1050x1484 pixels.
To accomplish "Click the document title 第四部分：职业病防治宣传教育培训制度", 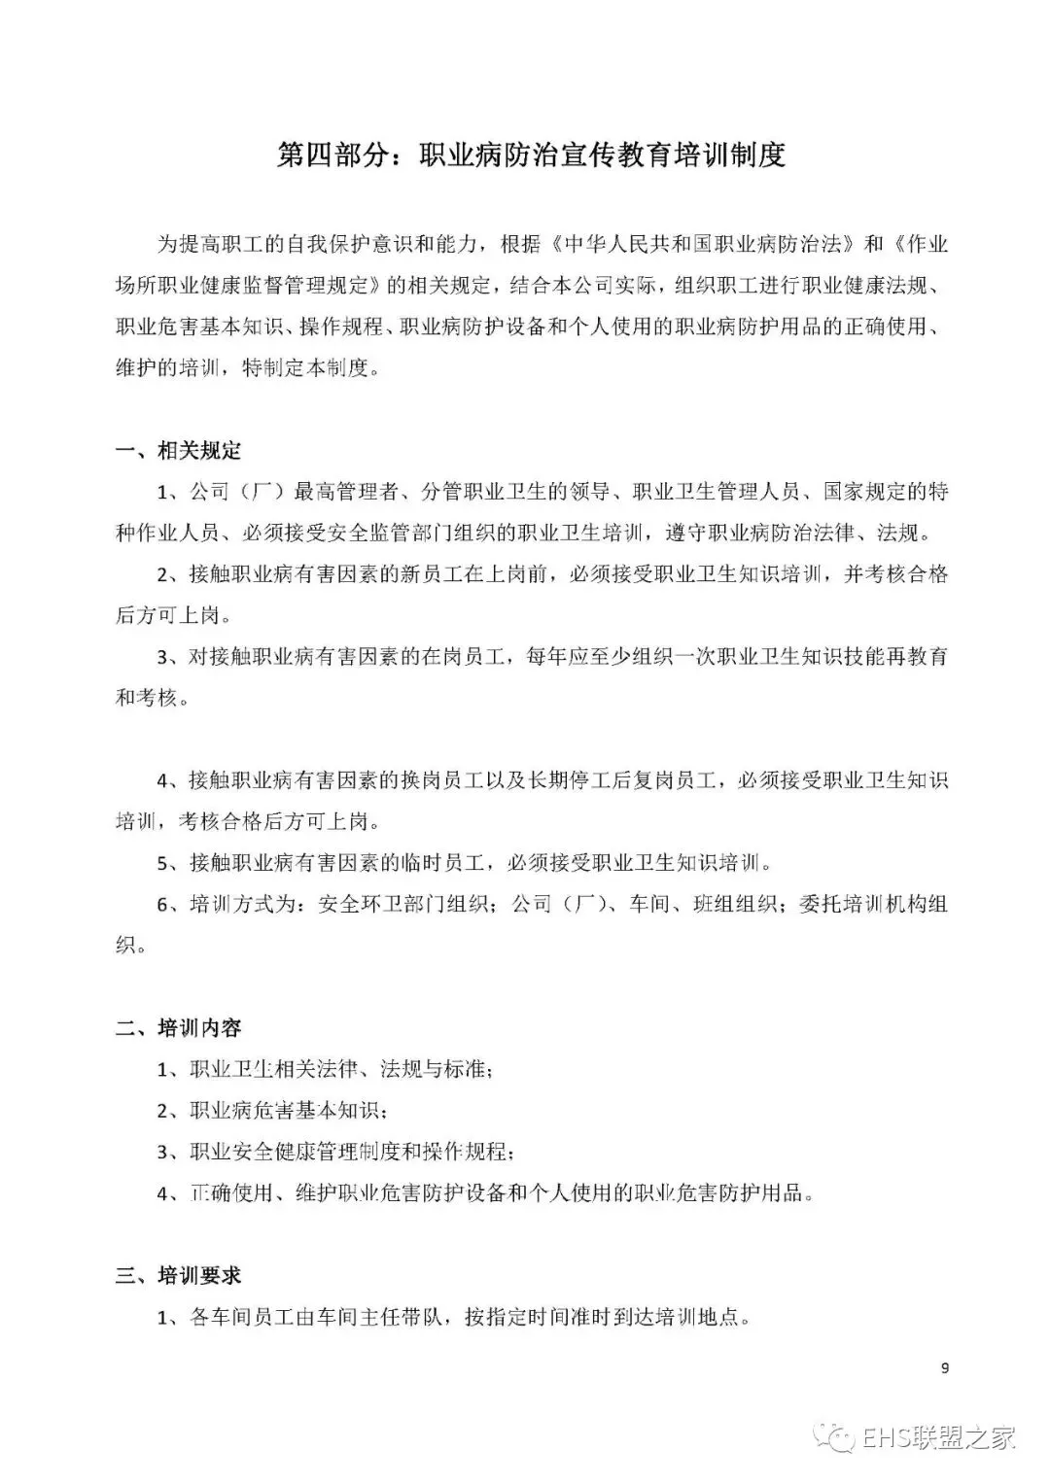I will click(531, 155).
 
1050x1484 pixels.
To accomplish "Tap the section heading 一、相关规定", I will click(178, 451).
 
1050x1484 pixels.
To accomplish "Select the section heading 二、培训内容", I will click(178, 1028).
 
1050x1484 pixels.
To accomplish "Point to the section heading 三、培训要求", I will click(178, 1275).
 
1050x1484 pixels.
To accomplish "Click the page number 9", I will click(945, 1368).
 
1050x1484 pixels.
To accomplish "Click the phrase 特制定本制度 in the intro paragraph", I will click(306, 369).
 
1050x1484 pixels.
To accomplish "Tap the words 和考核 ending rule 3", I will click(147, 698).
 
